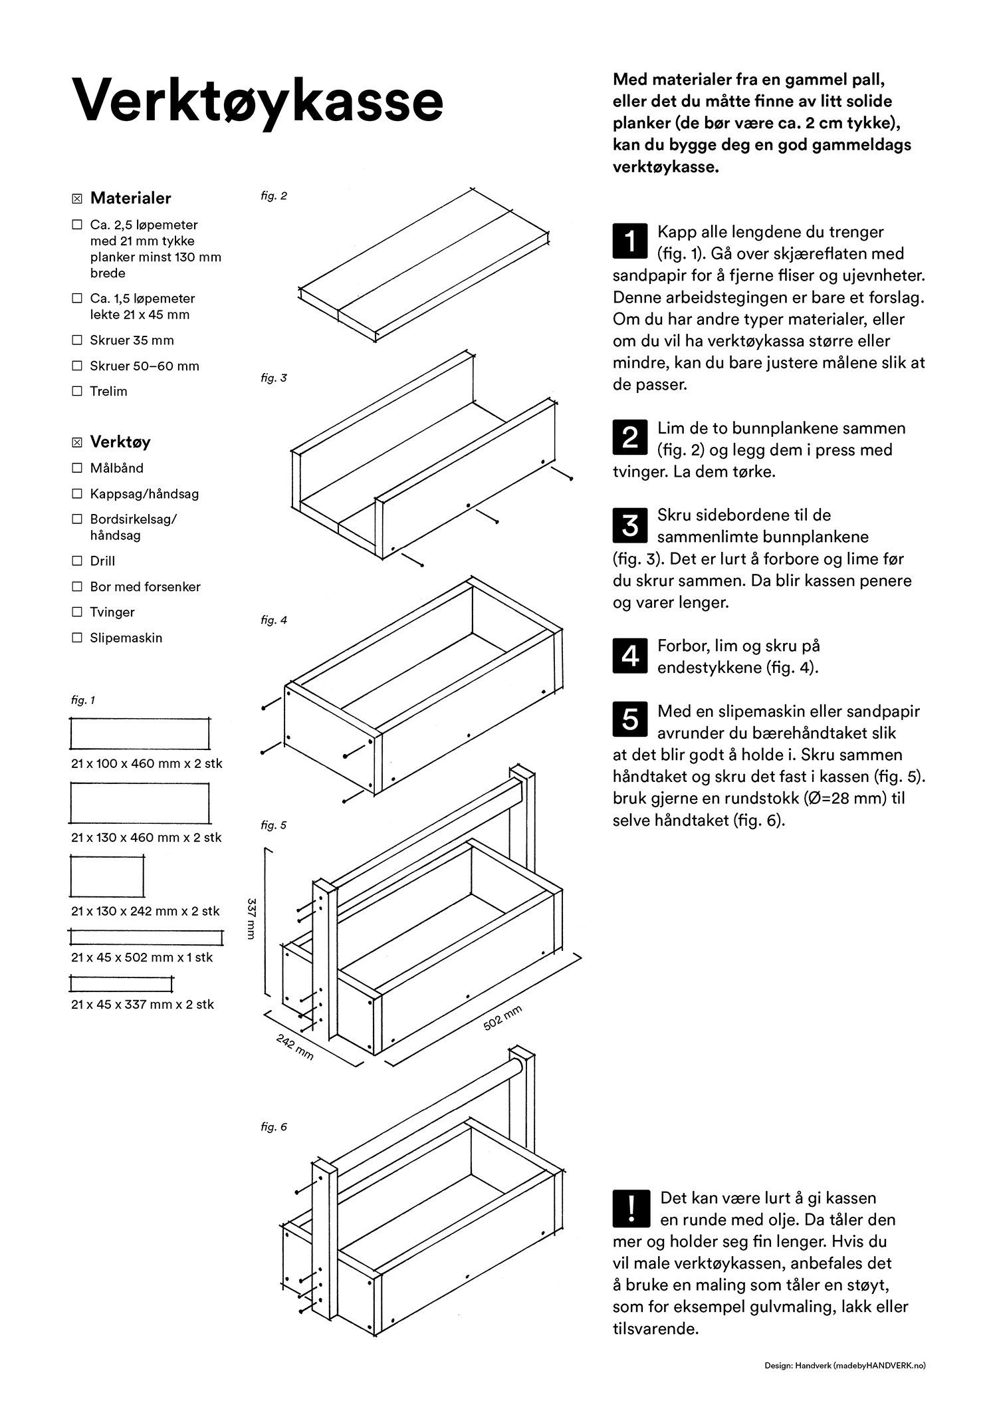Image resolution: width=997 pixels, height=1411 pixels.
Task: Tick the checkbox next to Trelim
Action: click(77, 391)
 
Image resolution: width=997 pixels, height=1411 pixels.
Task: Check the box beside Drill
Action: click(77, 561)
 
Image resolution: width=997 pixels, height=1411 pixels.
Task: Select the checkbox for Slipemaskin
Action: click(77, 638)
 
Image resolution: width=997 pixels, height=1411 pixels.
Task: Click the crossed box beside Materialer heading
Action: click(77, 198)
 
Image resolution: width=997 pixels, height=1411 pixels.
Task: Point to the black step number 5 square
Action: click(629, 721)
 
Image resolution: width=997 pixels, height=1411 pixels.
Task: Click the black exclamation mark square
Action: click(629, 1208)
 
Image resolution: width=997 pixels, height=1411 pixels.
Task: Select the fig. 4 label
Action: click(274, 620)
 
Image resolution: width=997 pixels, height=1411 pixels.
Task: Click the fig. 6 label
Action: click(274, 1127)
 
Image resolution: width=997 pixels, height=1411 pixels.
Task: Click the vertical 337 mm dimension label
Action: click(251, 918)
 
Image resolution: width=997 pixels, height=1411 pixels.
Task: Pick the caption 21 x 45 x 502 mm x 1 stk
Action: click(142, 958)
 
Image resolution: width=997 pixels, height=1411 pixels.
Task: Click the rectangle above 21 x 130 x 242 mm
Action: click(107, 877)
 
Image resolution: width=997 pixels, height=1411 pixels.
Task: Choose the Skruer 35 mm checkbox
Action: click(77, 340)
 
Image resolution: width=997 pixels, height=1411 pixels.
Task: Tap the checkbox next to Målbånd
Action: click(77, 468)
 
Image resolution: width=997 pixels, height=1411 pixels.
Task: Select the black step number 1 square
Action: click(629, 241)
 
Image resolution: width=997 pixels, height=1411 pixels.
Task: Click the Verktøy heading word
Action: click(120, 442)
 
